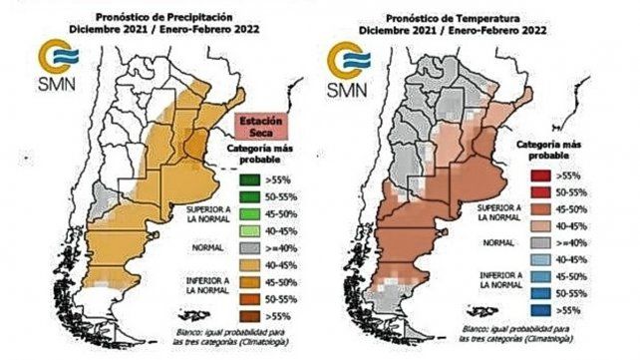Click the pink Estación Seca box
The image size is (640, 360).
tap(260, 128)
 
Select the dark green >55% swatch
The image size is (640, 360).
tap(252, 180)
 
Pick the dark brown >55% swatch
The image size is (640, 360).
tap(252, 314)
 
